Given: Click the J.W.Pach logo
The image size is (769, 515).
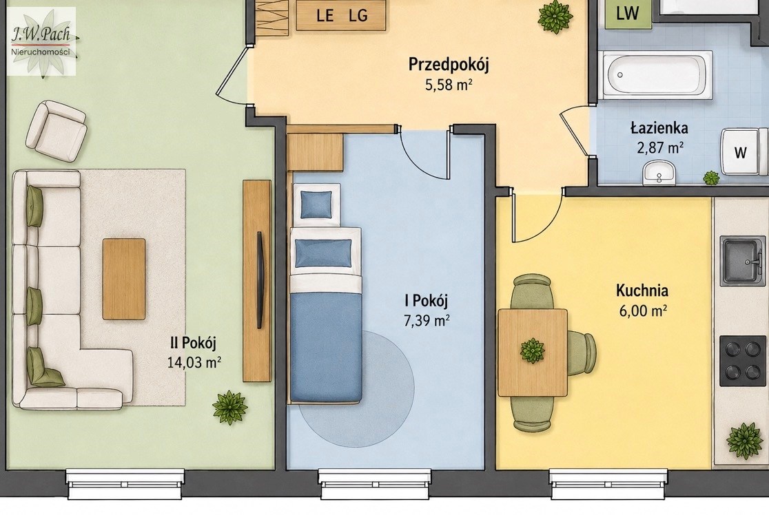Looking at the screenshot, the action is [x=42, y=41].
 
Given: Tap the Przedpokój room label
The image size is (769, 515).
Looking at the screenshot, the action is [x=449, y=65].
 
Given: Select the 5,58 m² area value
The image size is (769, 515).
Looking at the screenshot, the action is [x=449, y=85].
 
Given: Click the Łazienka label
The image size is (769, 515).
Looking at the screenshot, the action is [x=659, y=128].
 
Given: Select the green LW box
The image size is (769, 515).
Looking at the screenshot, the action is [x=628, y=14].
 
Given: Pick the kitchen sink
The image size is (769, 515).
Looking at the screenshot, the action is [x=743, y=261].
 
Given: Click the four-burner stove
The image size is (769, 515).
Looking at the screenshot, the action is [x=743, y=361].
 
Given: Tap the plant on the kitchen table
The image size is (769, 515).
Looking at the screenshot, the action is [x=532, y=350].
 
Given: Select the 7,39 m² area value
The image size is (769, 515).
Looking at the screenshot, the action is [x=427, y=320].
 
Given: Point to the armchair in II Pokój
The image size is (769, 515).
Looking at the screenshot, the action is [x=56, y=130].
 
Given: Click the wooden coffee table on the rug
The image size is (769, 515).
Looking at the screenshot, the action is [x=124, y=279].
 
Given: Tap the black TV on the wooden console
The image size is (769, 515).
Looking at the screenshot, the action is [x=260, y=280].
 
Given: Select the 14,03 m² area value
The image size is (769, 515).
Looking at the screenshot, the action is [x=194, y=363].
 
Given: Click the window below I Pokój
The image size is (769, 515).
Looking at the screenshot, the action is [x=376, y=484].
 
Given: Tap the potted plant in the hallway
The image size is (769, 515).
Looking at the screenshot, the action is [x=555, y=17].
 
